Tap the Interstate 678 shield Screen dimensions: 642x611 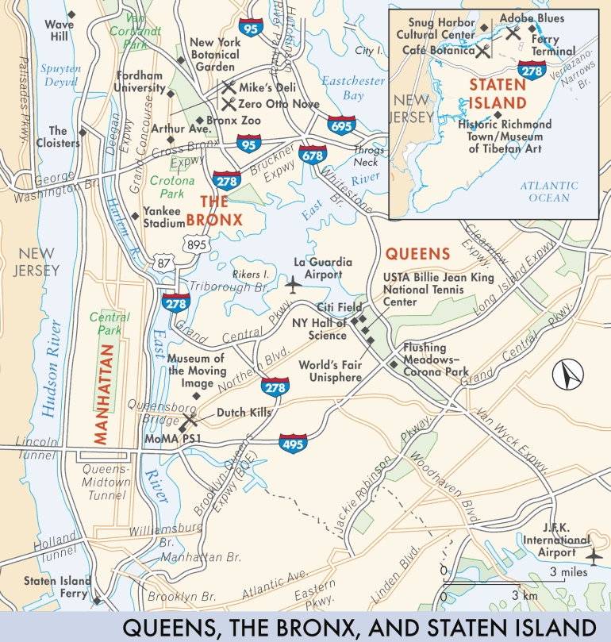313,156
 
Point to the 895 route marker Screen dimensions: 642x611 196,245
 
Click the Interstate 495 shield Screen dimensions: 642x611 291,442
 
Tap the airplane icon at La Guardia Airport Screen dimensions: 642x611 293,283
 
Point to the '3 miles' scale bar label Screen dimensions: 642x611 568,571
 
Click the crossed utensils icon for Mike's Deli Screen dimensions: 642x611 229,87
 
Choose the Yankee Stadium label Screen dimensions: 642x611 163,218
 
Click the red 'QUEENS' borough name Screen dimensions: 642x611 417,254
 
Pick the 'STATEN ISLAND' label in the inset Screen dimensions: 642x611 497,93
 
